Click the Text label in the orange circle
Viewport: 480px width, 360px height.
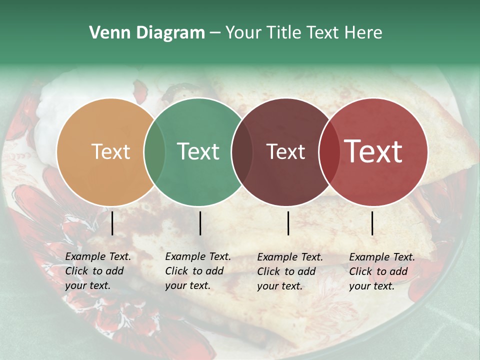110,151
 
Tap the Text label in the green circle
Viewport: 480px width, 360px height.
198,151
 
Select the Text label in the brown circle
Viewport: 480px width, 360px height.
285,151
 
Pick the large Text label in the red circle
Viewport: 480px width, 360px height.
373,151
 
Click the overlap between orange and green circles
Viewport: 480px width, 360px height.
154,152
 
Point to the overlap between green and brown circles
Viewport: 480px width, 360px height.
242,152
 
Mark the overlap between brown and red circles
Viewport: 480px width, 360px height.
329,152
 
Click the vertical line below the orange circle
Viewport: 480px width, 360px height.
112,223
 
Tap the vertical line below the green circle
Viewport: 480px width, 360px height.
200,223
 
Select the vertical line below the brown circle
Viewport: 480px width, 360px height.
288,223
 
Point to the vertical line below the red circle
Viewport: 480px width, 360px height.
372,223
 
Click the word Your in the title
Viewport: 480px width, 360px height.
243,33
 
